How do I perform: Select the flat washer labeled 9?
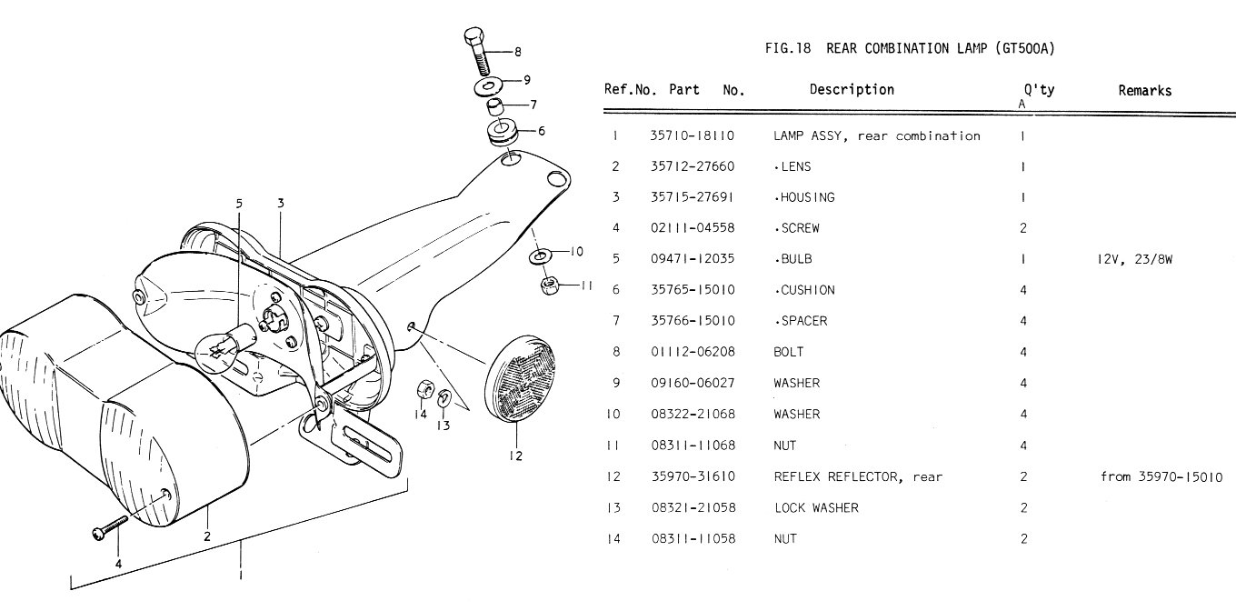[x=490, y=86]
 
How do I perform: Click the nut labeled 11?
[x=549, y=285]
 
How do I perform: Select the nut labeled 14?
[x=423, y=391]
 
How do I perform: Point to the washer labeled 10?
[x=540, y=256]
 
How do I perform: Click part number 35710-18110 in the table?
[x=692, y=135]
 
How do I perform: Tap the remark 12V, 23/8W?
[x=1135, y=258]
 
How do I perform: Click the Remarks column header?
[x=1144, y=90]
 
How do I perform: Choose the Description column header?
[x=852, y=89]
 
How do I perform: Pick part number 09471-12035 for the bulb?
[x=692, y=258]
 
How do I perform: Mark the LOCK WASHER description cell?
[x=815, y=507]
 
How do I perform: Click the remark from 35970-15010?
[x=1161, y=476]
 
